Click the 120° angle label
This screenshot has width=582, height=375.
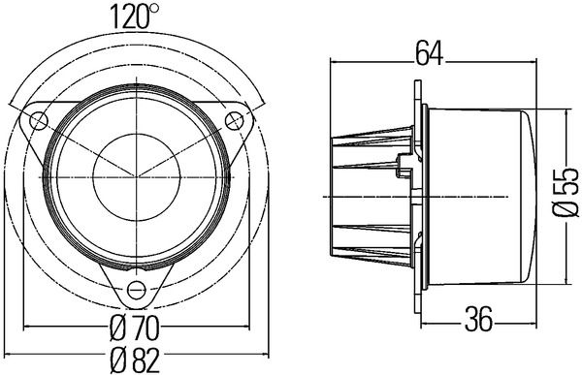[x=135, y=16]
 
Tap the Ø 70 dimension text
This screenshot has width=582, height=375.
[x=135, y=328]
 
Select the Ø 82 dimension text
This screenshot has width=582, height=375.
[x=136, y=360]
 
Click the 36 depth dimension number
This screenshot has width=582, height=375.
[x=479, y=319]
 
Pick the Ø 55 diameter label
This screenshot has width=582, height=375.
[x=566, y=192]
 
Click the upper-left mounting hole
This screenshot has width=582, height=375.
[x=39, y=120]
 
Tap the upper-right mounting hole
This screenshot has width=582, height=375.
[x=235, y=120]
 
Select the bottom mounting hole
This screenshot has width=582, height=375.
[x=137, y=290]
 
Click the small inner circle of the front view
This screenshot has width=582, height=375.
[x=137, y=177]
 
